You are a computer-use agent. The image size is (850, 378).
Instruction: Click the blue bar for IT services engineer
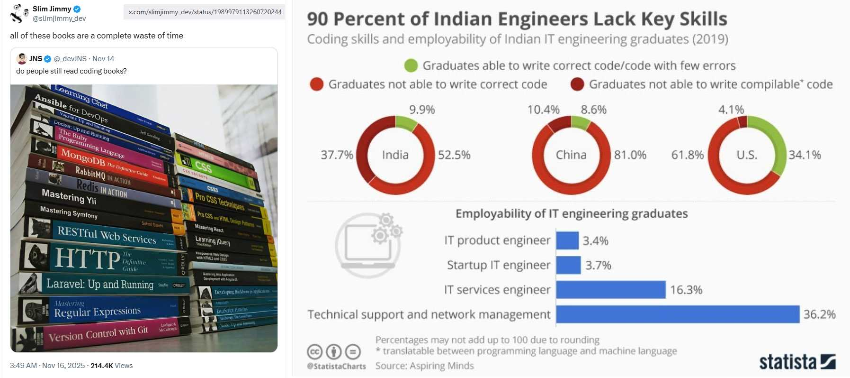coord(610,290)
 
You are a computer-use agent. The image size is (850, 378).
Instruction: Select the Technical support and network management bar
coord(677,314)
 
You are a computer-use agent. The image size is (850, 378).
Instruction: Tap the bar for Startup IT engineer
coord(568,265)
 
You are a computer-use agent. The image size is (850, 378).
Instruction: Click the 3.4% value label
coord(595,241)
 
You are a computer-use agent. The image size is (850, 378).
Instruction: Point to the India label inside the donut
coord(395,155)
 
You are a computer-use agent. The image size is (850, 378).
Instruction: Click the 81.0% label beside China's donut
coord(630,155)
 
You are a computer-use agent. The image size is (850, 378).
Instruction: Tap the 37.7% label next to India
coord(337,155)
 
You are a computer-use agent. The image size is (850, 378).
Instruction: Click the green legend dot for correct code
coord(411,65)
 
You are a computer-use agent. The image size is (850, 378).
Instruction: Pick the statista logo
coord(797,362)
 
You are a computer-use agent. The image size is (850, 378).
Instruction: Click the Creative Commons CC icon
coord(315,352)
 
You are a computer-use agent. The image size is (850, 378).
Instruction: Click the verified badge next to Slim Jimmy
coord(77,9)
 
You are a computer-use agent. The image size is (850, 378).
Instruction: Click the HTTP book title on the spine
coord(88,259)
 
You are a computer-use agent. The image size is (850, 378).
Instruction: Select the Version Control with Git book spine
coord(98,334)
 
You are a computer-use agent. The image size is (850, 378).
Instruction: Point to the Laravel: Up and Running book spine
coord(100,284)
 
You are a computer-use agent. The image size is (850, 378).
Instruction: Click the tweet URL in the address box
coord(205,12)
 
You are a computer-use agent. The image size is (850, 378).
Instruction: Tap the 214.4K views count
coord(101,366)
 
